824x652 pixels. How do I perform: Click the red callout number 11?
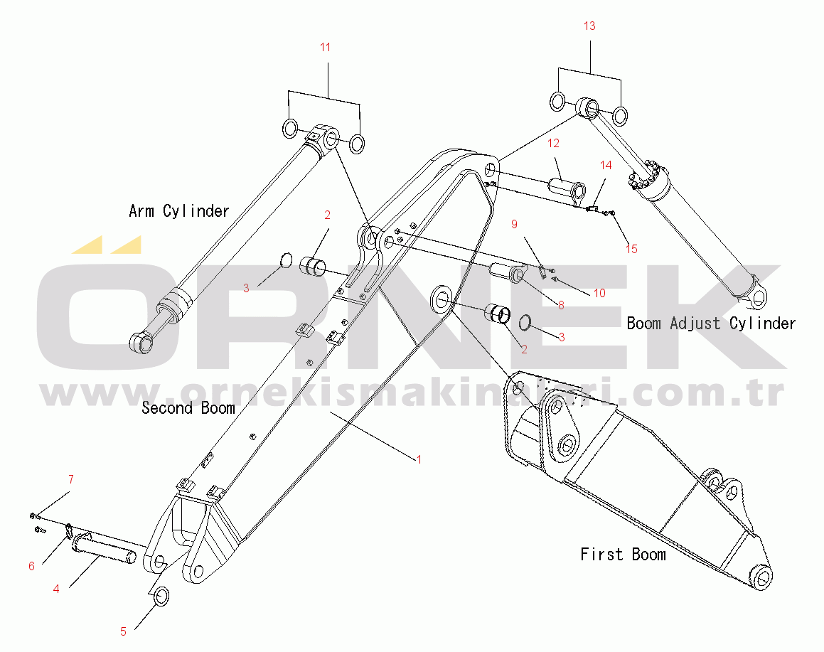326,48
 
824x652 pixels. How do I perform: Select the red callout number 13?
589,26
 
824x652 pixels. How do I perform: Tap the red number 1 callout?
419,460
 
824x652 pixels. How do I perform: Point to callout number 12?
553,143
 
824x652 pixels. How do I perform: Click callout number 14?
606,166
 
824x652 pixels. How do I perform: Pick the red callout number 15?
631,249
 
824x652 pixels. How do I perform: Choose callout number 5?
124,631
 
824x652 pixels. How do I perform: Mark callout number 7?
71,479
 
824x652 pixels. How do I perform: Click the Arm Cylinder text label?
179,211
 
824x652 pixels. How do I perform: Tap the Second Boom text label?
188,408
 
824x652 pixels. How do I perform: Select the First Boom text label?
623,555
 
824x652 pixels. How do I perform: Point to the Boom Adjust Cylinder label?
711,323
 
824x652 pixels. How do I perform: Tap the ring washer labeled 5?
161,597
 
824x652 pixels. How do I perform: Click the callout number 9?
515,225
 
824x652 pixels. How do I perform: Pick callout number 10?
599,293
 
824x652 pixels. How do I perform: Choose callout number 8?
561,305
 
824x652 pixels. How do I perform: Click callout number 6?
31,566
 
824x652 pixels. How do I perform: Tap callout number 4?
56,589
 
